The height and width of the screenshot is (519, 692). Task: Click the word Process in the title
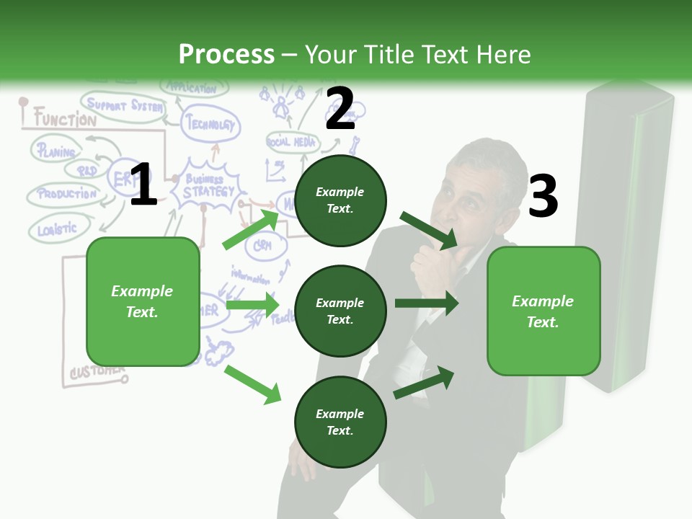tap(226, 54)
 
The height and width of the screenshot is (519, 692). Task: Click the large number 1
tap(143, 185)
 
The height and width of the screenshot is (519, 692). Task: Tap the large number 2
tap(340, 109)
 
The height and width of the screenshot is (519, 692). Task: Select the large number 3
tap(543, 197)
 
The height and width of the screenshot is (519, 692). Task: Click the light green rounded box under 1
tap(143, 301)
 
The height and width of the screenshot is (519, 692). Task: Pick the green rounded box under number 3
tap(544, 311)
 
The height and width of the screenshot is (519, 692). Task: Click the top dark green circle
tap(340, 200)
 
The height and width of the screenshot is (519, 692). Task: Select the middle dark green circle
tap(340, 311)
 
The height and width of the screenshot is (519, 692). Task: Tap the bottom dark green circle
tap(340, 422)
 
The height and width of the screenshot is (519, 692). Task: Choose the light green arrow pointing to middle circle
tap(252, 305)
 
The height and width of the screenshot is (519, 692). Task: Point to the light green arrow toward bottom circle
tap(252, 383)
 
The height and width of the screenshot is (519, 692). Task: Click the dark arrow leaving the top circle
tap(428, 230)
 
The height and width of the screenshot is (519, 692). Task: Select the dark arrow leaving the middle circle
tap(426, 303)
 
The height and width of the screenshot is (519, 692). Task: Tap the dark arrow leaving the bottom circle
tap(425, 382)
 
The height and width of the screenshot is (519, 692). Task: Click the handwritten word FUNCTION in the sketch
tap(64, 120)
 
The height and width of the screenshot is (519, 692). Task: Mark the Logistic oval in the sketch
tap(58, 229)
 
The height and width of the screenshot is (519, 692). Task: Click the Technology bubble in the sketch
tap(210, 125)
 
